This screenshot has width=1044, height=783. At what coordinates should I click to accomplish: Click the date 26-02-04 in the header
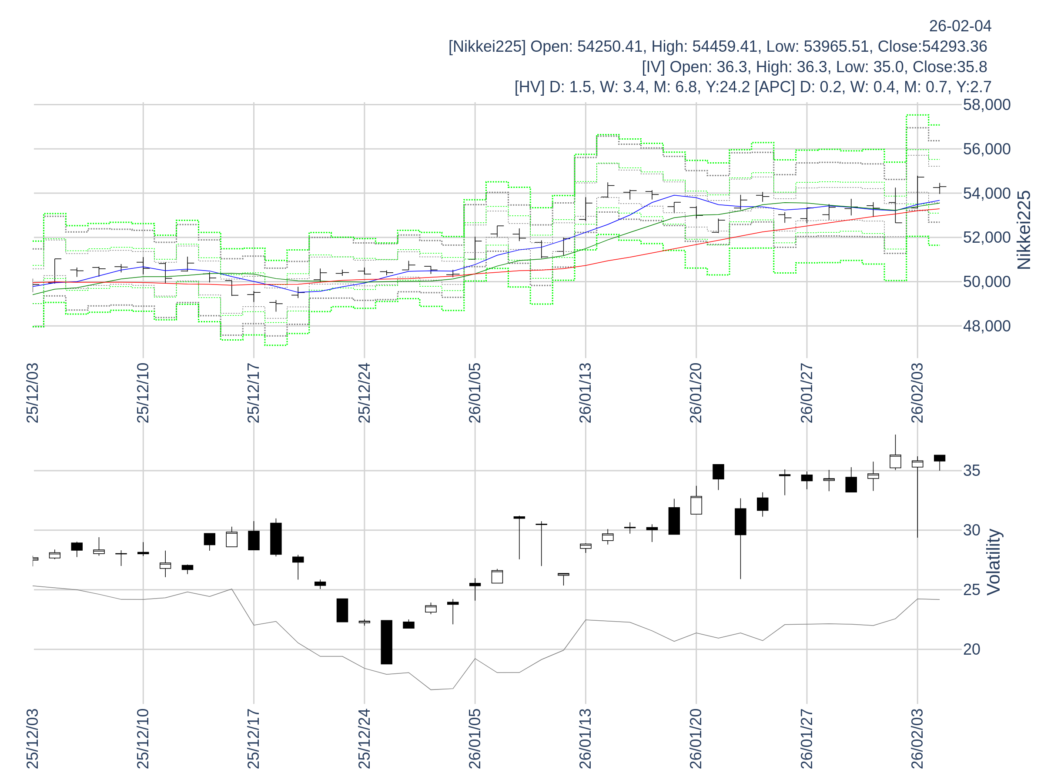point(960,26)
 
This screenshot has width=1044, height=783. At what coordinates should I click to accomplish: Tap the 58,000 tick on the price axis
point(987,105)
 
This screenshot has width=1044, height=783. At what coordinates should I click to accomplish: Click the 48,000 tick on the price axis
point(987,326)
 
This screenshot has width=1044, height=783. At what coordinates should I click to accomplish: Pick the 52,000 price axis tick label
point(987,238)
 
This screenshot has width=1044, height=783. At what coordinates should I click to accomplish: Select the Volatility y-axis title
point(993,562)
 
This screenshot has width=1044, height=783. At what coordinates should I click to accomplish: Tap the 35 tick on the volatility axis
point(972,471)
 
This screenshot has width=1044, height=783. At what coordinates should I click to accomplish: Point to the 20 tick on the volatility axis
point(972,649)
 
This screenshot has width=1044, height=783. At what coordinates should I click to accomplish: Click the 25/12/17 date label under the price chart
point(254,393)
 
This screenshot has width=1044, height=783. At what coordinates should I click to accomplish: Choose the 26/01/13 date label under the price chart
point(585,393)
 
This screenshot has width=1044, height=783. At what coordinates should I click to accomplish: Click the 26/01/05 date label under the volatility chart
point(475,739)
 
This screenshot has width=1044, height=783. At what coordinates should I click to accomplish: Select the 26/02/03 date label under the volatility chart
point(917,739)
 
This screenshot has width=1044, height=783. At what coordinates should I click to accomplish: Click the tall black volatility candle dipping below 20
point(387,642)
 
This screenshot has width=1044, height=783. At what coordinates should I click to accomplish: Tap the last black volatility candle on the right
point(939,458)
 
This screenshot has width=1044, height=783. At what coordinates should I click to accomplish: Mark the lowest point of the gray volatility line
point(431,689)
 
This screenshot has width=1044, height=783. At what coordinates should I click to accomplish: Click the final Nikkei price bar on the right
point(939,188)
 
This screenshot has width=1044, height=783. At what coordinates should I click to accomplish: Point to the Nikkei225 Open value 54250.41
point(609,46)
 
